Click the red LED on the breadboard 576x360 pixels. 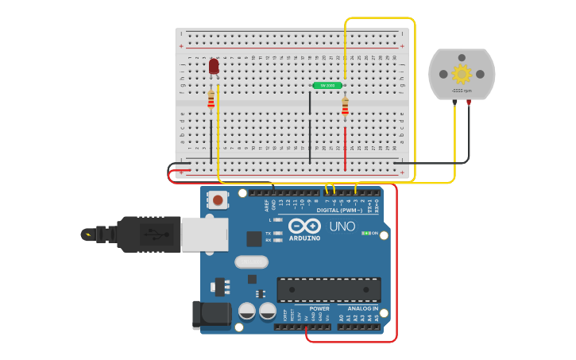214,66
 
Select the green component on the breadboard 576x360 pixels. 327,85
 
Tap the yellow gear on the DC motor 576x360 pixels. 462,74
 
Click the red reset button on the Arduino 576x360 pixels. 218,200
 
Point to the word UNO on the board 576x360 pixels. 342,226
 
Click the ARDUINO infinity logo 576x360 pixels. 304,226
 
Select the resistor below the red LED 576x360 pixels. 211,99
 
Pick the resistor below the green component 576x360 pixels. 345,106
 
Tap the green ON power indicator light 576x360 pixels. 364,233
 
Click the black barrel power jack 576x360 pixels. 210,315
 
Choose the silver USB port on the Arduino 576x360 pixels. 204,234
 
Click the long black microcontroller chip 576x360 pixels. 328,289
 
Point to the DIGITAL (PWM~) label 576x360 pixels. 339,210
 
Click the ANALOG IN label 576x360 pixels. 362,308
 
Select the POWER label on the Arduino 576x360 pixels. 319,308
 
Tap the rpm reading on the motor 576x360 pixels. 462,91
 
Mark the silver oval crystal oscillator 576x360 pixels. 251,261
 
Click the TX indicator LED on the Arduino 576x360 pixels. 276,233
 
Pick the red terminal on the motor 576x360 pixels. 469,103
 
